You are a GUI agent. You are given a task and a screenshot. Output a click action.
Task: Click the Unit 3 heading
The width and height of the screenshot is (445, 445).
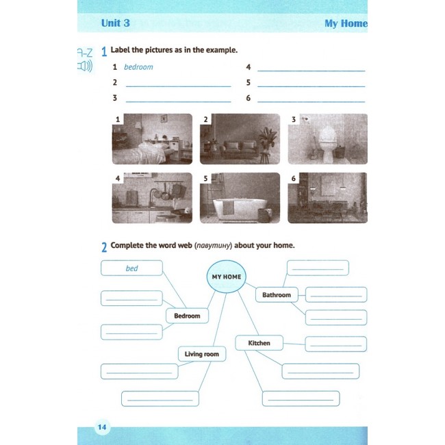pyautogui.click(x=116, y=23)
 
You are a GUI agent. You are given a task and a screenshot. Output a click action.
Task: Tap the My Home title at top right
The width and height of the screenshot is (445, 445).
pyautogui.click(x=346, y=23)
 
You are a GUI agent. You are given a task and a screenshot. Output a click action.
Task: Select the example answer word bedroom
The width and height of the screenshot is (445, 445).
pyautogui.click(x=138, y=67)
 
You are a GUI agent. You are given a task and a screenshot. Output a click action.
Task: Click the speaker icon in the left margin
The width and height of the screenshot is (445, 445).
pyautogui.click(x=85, y=66)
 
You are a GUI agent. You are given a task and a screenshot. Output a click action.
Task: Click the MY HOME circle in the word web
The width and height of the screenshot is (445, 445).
pyautogui.click(x=227, y=277)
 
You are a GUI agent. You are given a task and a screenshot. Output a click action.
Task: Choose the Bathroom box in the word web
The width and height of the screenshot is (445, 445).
pyautogui.click(x=277, y=295)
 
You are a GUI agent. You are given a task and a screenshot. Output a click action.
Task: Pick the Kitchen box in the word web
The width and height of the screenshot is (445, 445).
pyautogui.click(x=259, y=343)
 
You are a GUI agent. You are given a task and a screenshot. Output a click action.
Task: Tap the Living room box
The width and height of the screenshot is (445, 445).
pyautogui.click(x=202, y=354)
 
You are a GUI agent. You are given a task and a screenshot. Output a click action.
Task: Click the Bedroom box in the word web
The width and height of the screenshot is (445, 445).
pyautogui.click(x=187, y=316)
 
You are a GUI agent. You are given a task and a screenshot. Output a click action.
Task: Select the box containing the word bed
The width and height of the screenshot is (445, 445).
pyautogui.click(x=131, y=268)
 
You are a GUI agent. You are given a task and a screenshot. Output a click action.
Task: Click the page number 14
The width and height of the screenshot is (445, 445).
pyautogui.click(x=102, y=427)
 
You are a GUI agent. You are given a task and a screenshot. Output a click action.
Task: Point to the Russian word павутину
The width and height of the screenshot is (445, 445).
pyautogui.click(x=213, y=246)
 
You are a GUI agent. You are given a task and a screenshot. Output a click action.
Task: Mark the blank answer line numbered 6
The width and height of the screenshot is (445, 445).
pyautogui.click(x=311, y=101)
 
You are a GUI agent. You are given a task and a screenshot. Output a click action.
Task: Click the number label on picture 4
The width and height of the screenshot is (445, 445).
pyautogui.click(x=118, y=178)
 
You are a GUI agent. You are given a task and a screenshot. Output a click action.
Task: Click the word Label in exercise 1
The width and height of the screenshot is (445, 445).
pyautogui.click(x=120, y=50)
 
